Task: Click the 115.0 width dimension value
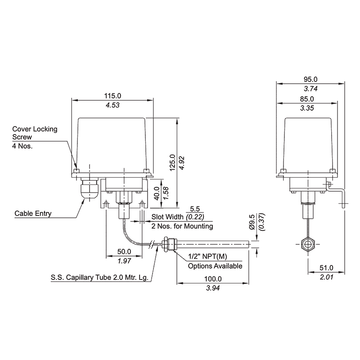[x=113, y=96]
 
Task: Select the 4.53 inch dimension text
[x=113, y=105]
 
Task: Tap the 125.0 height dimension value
[x=172, y=162]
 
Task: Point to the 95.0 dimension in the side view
[x=311, y=79]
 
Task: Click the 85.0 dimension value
[x=307, y=99]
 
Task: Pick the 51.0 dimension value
[x=326, y=268]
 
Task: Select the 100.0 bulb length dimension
[x=213, y=279]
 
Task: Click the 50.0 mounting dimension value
[x=124, y=252]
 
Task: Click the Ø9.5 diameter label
[x=252, y=222]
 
